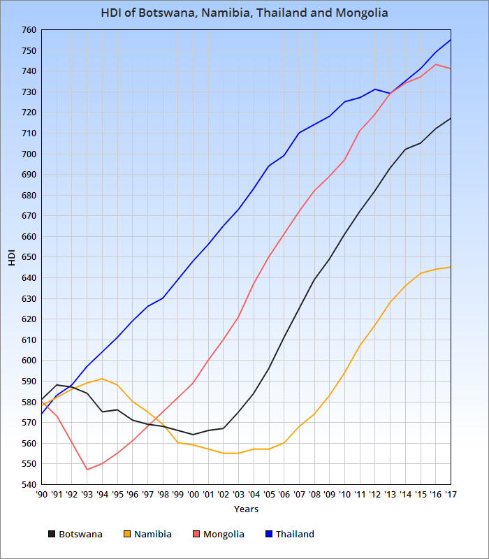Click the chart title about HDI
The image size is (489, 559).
tap(245, 13)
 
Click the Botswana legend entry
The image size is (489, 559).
tap(80, 535)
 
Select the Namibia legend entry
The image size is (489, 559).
tap(152, 535)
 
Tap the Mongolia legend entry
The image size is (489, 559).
tap(224, 535)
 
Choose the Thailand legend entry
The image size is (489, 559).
tap(295, 535)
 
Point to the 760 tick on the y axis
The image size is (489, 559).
tap(28, 30)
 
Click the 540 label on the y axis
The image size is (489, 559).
tap(28, 484)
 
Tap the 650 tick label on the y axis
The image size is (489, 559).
tap(28, 257)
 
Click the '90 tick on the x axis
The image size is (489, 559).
tap(42, 494)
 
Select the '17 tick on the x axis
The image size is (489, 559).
tap(451, 494)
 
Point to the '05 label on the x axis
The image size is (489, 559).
tap(269, 494)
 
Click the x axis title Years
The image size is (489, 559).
tap(246, 509)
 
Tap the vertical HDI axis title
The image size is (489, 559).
tap(11, 257)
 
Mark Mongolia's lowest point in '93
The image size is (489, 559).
tap(87, 470)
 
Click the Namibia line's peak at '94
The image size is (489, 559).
tap(103, 379)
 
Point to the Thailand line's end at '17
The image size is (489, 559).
tap(451, 40)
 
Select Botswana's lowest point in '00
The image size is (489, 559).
tap(194, 435)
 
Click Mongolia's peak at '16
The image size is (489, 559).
tap(435, 64)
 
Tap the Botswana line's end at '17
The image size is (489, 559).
tap(451, 118)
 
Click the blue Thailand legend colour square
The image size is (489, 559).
tap(269, 535)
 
